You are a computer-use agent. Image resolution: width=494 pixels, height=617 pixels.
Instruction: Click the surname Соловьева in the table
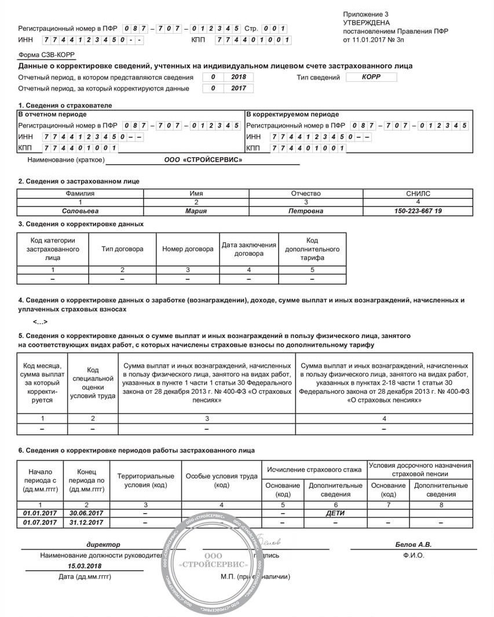(x=80, y=211)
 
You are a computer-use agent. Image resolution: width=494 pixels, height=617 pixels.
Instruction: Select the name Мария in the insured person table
(x=196, y=211)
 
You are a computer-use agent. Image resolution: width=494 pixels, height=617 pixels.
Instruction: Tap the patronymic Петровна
(x=306, y=211)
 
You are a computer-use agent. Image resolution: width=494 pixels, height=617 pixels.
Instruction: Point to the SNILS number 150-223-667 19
(x=418, y=211)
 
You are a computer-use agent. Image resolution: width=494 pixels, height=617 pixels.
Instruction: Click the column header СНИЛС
(x=418, y=194)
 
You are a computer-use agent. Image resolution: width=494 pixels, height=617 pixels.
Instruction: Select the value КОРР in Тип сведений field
(x=371, y=77)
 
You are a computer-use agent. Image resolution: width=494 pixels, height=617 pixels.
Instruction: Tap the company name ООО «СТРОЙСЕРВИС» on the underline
(x=203, y=160)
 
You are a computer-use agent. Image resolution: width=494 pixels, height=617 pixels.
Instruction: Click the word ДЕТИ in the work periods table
(x=335, y=513)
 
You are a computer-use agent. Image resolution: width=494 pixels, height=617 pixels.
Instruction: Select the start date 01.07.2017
(x=41, y=522)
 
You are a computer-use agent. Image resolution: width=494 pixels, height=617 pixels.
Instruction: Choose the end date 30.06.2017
(x=86, y=513)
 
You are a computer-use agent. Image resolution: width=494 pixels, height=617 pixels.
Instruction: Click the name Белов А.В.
(x=414, y=545)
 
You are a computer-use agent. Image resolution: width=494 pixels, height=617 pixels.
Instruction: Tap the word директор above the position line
(x=103, y=545)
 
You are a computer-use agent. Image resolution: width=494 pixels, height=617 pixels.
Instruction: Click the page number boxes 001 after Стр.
(x=275, y=28)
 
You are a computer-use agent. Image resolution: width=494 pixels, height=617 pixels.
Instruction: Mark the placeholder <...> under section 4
(x=40, y=322)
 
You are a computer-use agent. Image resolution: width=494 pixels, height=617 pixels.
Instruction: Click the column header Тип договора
(x=122, y=249)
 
